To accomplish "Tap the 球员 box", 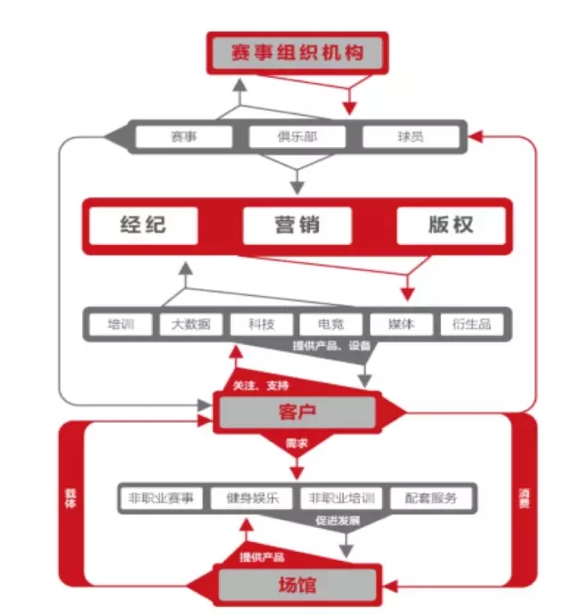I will coord(410,137).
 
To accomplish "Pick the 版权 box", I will coord(450,224).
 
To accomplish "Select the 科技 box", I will coord(261,324).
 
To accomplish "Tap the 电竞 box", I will coord(330,324).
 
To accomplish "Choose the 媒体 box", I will coord(401,324).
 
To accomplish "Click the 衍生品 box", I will coord(472,324).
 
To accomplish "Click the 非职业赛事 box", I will coord(161,497).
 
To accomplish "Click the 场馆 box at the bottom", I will coord(297,586).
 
